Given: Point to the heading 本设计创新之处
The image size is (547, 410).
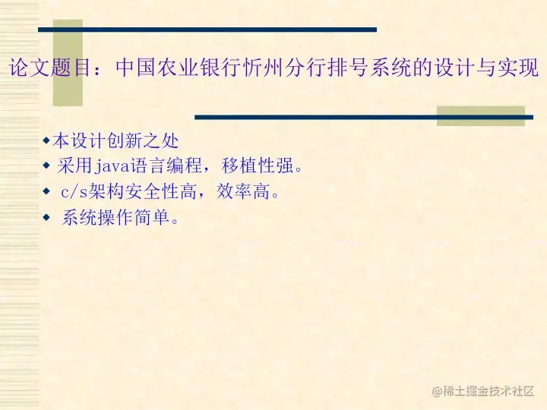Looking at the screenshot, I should (x=115, y=140).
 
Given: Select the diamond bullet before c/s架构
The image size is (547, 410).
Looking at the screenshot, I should (x=46, y=191).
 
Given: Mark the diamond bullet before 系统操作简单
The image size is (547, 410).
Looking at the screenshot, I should (x=46, y=218).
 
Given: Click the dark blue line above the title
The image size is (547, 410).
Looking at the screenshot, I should (x=207, y=30).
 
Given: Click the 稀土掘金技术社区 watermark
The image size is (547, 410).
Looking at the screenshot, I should (x=483, y=391).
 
